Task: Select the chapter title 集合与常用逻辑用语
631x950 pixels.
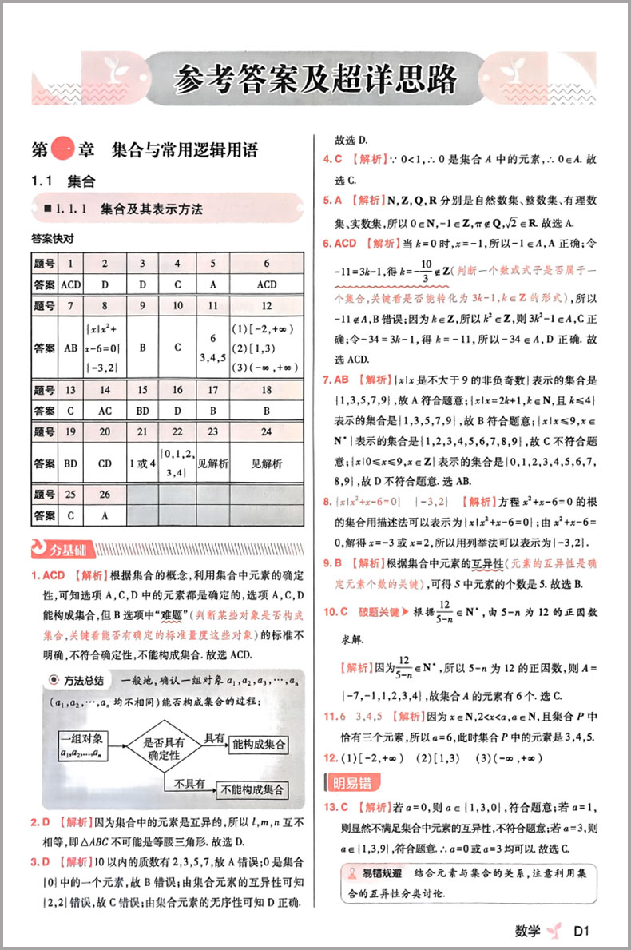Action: pyautogui.click(x=185, y=149)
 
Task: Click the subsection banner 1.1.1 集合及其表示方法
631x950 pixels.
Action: pyautogui.click(x=152, y=209)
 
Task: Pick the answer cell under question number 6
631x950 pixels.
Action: pyautogui.click(x=267, y=284)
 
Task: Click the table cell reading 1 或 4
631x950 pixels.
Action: pyautogui.click(x=142, y=463)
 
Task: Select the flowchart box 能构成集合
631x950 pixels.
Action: pyautogui.click(x=257, y=745)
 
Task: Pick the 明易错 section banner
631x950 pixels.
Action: pyautogui.click(x=351, y=781)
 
